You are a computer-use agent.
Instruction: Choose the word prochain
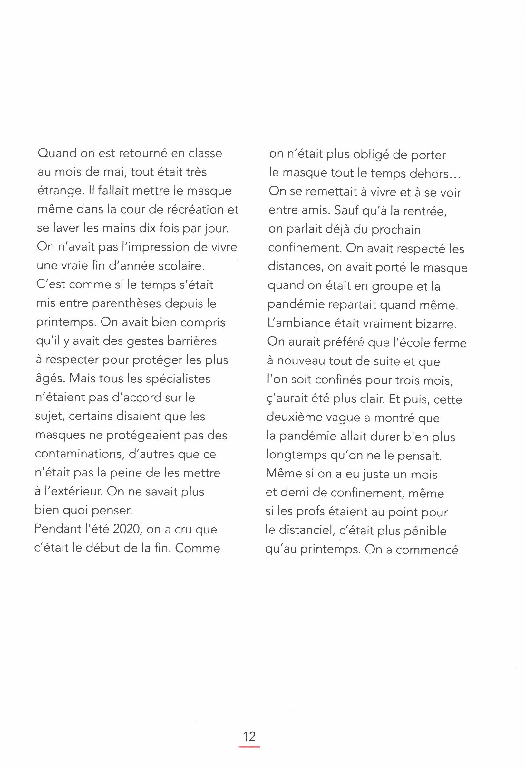tap(396, 230)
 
